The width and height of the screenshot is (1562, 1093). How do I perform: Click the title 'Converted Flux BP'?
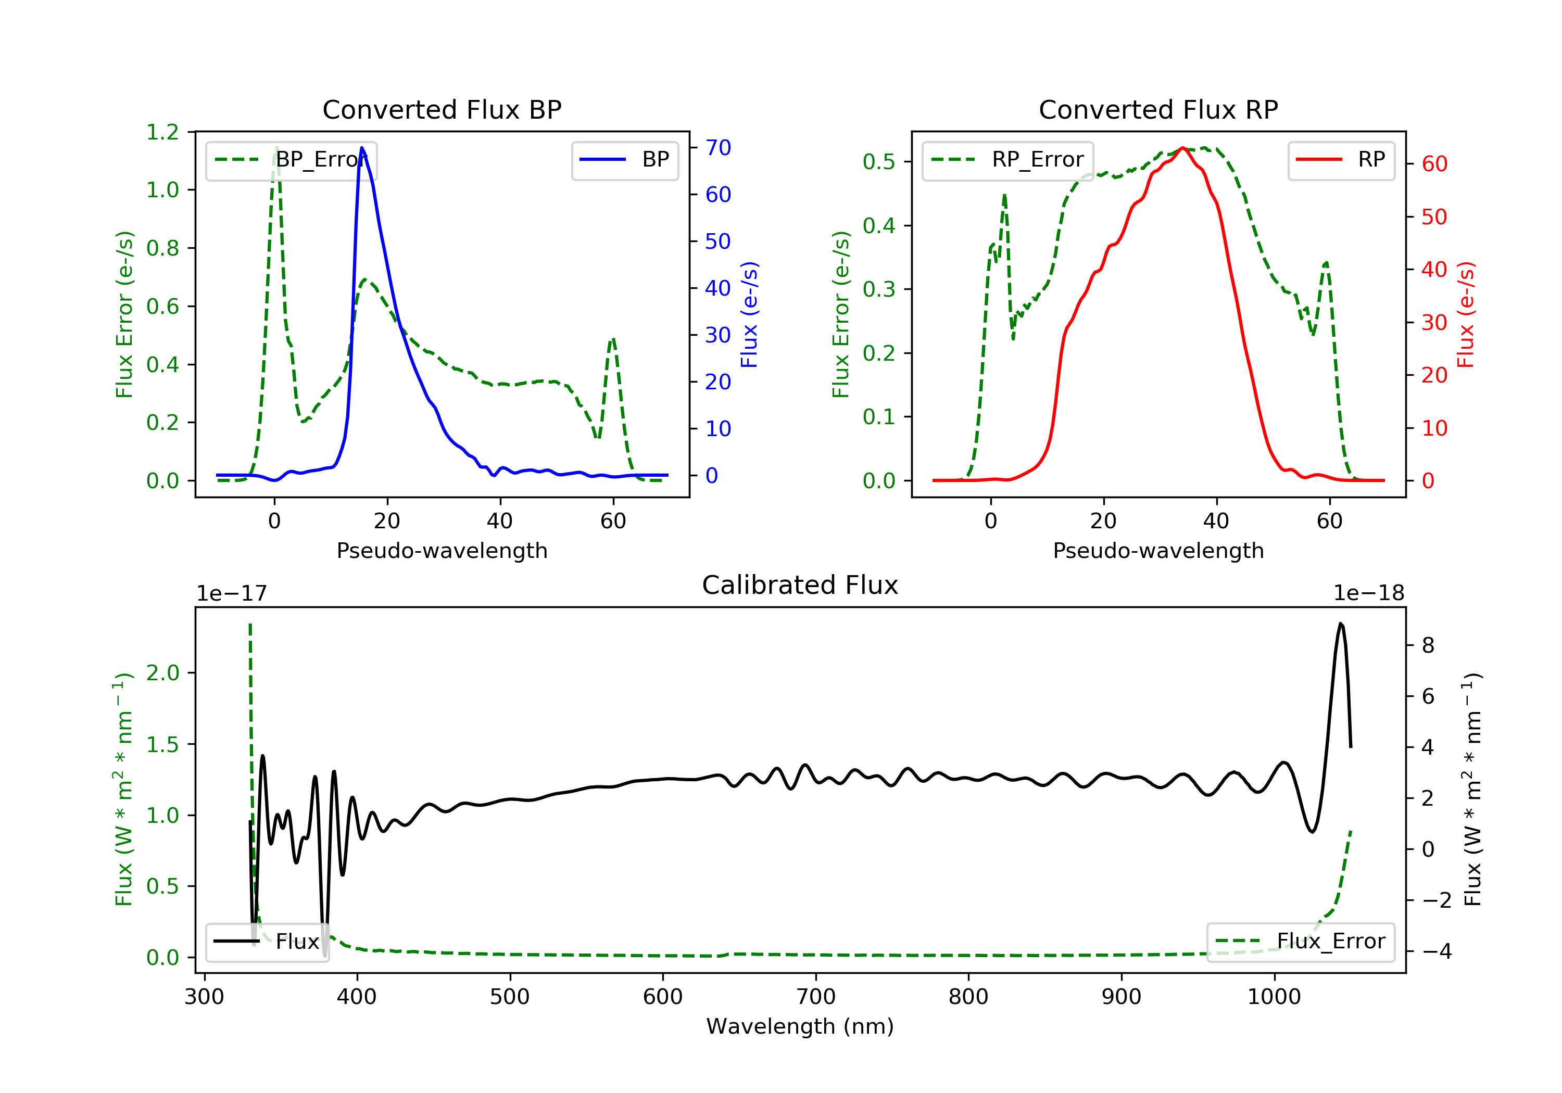click(x=442, y=109)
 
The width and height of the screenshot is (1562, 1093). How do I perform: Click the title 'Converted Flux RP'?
click(x=1158, y=109)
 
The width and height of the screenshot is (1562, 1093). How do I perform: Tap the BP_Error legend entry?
click(x=291, y=160)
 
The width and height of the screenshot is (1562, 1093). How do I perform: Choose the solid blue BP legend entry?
click(x=624, y=160)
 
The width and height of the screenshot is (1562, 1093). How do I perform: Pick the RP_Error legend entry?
click(x=1007, y=160)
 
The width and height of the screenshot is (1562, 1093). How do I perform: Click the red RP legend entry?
click(x=1341, y=160)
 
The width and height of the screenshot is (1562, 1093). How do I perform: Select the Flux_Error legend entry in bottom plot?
click(x=1300, y=942)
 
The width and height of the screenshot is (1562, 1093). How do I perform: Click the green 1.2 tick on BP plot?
click(x=162, y=132)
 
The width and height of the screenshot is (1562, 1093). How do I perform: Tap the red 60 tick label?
click(x=1434, y=164)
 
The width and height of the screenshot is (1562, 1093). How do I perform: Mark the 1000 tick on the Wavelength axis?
click(x=1274, y=997)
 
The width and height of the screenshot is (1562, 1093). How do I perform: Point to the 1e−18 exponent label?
click(x=1368, y=593)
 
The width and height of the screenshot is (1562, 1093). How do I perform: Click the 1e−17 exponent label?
click(x=232, y=593)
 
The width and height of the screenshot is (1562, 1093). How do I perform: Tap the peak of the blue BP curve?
click(x=362, y=148)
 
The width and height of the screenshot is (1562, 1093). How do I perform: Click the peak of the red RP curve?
click(x=1183, y=148)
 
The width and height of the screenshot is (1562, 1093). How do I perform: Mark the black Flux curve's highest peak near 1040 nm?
click(x=1340, y=623)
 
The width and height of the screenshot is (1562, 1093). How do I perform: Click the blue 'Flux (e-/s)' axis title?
click(x=749, y=314)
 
